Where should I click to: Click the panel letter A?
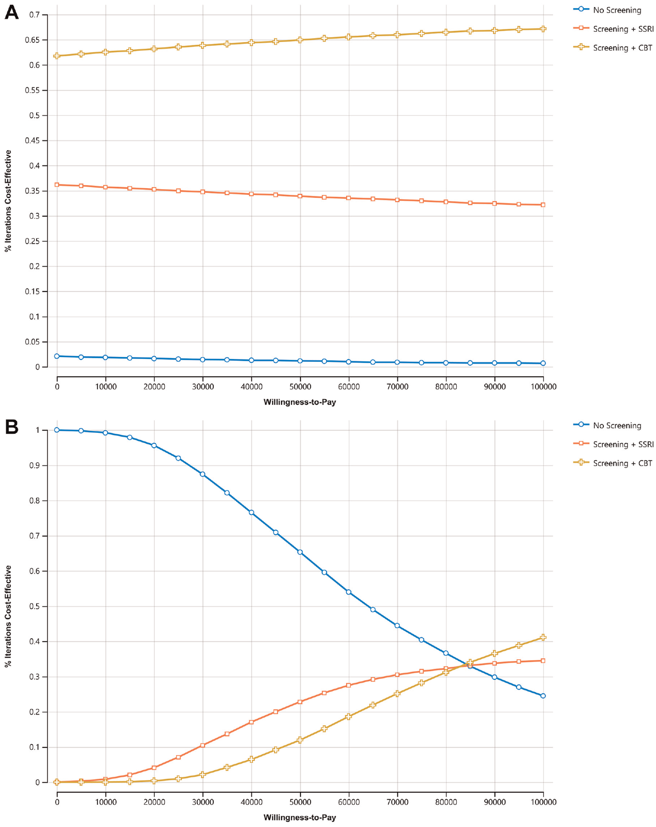point(12,12)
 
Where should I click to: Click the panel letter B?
point(12,427)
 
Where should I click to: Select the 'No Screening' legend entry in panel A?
point(607,10)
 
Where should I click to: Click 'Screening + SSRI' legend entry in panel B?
point(613,444)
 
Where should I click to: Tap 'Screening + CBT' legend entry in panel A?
point(613,48)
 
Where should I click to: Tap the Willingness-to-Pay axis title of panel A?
point(300,402)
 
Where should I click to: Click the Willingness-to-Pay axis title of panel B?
point(300,817)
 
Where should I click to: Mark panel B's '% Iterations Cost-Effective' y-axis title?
point(8,617)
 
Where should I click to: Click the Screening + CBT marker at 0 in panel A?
point(57,56)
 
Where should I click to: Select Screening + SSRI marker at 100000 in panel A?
point(543,205)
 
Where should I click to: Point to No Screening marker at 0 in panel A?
point(57,356)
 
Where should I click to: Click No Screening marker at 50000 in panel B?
point(300,552)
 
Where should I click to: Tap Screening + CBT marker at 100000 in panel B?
point(543,637)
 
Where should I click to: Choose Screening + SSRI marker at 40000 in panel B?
point(251,722)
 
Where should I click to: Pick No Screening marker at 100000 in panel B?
point(543,696)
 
